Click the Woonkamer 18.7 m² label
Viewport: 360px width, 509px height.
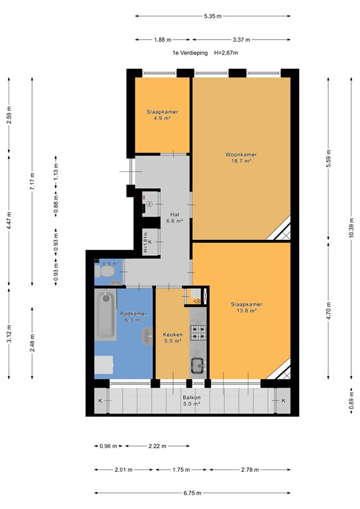241,157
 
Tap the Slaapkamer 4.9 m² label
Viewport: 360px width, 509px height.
162,115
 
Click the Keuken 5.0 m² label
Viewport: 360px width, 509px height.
172,338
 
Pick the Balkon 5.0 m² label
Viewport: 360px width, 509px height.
192,400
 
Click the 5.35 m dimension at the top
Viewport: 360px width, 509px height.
212,16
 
